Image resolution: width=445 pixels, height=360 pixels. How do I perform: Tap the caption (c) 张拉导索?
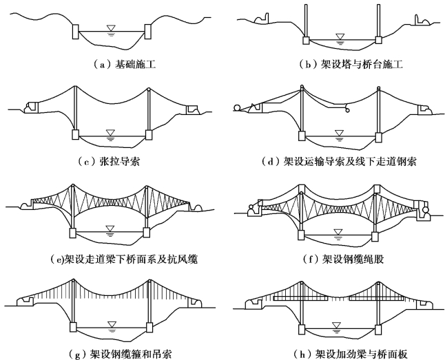pyautogui.click(x=111, y=161)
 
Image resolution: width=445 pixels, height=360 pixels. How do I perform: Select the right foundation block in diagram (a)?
pyautogui.click(x=148, y=32)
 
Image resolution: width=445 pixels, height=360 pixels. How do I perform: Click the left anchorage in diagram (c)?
pyautogui.click(x=31, y=107)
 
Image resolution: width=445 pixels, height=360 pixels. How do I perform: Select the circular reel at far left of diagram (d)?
pyautogui.click(x=238, y=107)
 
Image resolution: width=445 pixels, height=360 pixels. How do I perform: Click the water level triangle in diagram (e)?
pyautogui.click(x=110, y=226)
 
